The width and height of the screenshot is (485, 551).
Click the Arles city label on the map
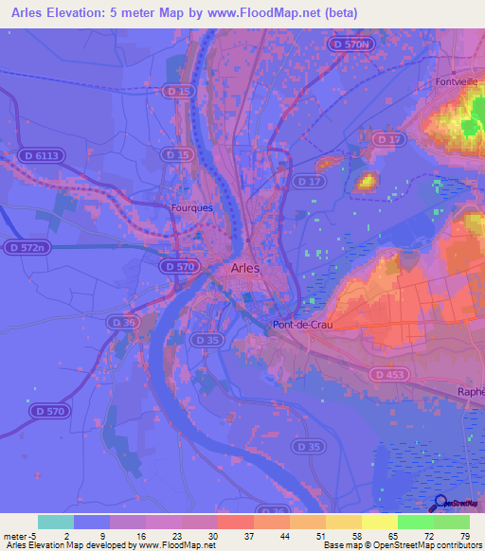coord(244,269)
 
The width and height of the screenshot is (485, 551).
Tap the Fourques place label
coord(190,206)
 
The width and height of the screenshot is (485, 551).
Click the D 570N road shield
coord(349,44)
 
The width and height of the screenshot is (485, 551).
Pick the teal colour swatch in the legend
coord(56,522)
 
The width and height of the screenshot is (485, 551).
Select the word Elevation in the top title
coord(88,12)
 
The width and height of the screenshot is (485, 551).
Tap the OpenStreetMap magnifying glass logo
coord(440,505)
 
